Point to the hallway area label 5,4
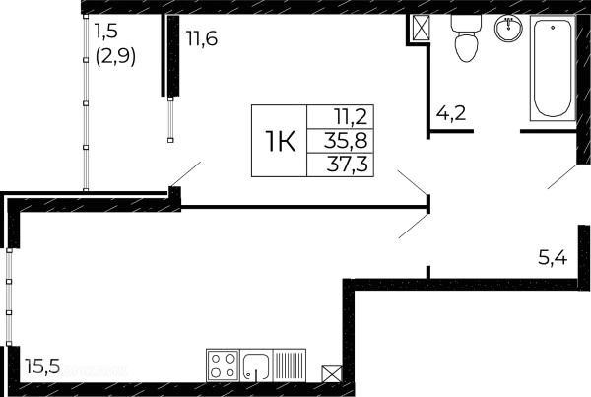coord(551,259)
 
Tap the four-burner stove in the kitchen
coord(222,365)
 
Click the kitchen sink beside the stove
coord(258,365)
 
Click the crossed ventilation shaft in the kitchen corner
coord(331,372)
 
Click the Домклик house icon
coord(35,369)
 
